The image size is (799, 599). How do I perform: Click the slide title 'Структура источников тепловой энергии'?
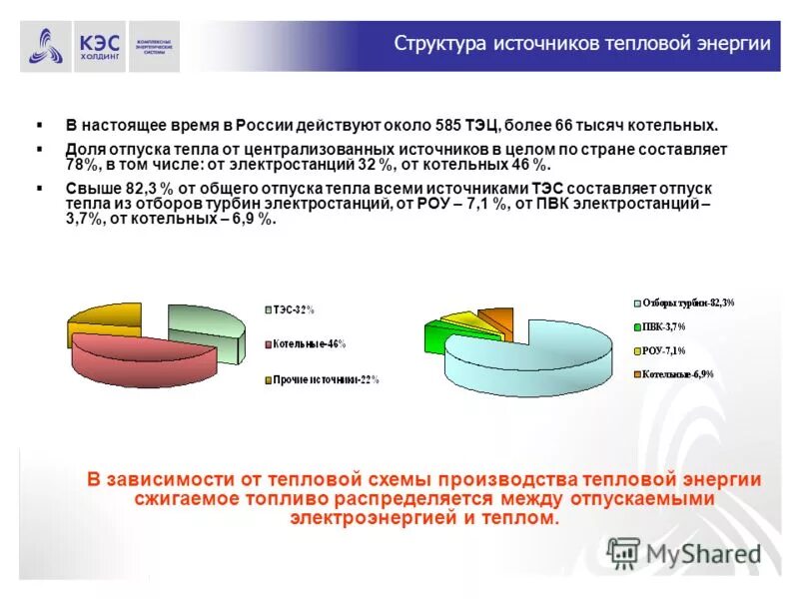pos(582,44)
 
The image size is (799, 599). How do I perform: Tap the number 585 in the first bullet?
pos(447,127)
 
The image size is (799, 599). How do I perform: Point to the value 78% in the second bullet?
pos(83,164)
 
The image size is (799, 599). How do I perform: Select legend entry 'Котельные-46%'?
pos(309,343)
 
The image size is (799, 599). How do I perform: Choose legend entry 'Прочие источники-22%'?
pos(326,379)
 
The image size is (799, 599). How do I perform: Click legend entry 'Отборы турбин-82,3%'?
pos(689,302)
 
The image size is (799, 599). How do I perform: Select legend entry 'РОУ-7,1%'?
pos(664,350)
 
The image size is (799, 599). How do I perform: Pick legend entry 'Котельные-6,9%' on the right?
pos(678,374)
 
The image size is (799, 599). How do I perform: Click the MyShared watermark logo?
pos(685,553)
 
